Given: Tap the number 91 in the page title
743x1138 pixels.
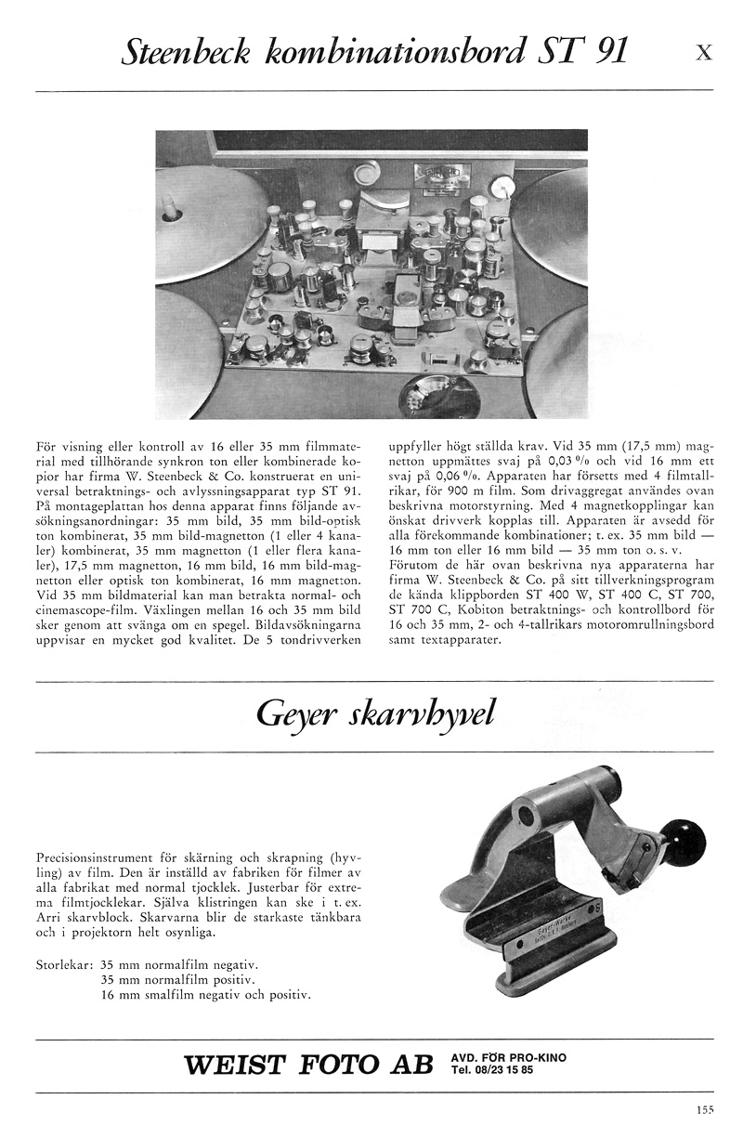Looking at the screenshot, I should pos(606,53).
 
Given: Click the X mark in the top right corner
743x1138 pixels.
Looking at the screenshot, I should pos(704,54).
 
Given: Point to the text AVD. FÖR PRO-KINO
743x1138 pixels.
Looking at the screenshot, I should pos(508,1057).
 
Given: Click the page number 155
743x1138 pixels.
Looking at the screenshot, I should pos(704,1107).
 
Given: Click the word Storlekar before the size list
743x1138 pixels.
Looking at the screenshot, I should pos(63,964).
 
